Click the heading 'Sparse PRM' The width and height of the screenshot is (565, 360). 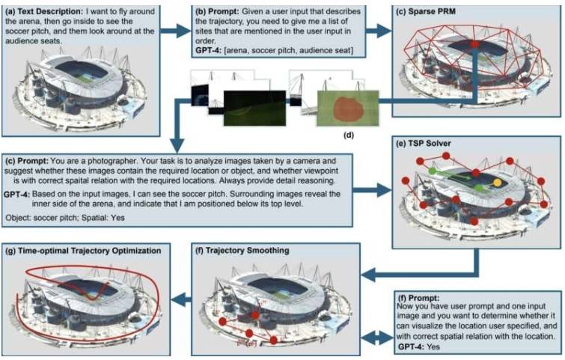pyautogui.click(x=432, y=11)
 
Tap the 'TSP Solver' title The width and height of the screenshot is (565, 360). pyautogui.click(x=429, y=144)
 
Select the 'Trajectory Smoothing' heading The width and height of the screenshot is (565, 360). pyautogui.click(x=247, y=251)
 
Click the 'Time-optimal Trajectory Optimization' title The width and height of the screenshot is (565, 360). pyautogui.click(x=89, y=251)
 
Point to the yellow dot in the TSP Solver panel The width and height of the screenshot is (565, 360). pyautogui.click(x=497, y=183)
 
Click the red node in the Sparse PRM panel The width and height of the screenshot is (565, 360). pyautogui.click(x=475, y=44)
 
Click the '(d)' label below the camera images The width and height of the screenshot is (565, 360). pyautogui.click(x=349, y=135)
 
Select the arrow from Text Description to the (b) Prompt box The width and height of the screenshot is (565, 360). pyautogui.click(x=175, y=31)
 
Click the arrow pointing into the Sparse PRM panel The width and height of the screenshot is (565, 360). pyautogui.click(x=379, y=31)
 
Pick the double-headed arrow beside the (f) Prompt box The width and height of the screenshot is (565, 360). pyautogui.click(x=376, y=338)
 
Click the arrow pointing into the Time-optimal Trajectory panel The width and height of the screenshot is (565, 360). pyautogui.click(x=181, y=299)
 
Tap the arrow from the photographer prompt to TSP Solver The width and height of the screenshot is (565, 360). pyautogui.click(x=372, y=189)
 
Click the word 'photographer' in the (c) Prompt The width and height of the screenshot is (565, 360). pyautogui.click(x=113, y=161)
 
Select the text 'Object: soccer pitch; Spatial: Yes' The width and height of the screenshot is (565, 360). pyautogui.click(x=65, y=218)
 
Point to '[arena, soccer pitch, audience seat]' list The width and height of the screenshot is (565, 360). pyautogui.click(x=289, y=50)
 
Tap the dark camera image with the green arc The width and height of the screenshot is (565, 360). pyautogui.click(x=254, y=108)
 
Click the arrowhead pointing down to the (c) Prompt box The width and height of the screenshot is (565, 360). pyautogui.click(x=177, y=146)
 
